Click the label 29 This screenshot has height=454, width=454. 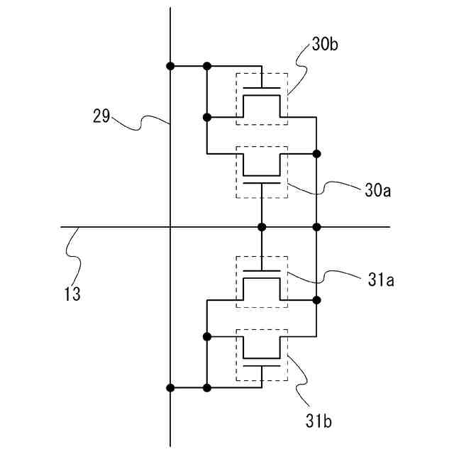(101, 116)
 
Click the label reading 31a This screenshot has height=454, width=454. (381, 279)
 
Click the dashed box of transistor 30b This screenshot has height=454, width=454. (262, 99)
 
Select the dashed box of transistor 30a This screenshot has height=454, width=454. (262, 172)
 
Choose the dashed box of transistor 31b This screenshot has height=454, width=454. (262, 355)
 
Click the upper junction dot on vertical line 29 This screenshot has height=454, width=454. (170, 66)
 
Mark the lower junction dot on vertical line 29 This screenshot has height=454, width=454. (170, 388)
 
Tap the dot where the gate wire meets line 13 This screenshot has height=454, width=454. (262, 227)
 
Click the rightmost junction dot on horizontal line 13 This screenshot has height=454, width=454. (316, 227)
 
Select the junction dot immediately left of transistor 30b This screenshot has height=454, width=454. (206, 117)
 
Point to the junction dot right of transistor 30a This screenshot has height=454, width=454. (316, 153)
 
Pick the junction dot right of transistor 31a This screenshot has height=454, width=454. (316, 300)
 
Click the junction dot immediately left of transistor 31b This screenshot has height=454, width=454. (206, 336)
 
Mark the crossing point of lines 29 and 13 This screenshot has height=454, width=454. (170, 227)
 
